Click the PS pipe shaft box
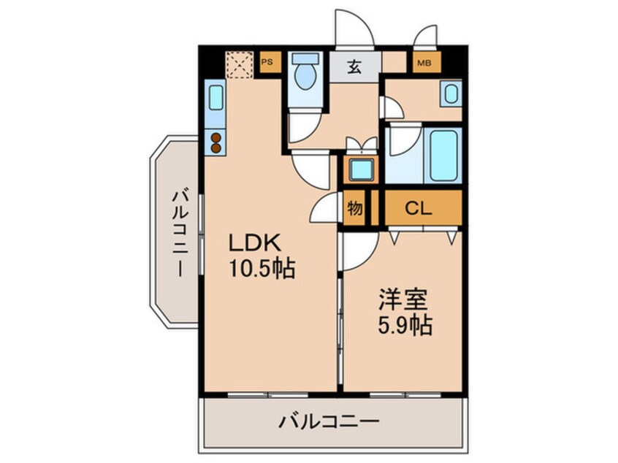pos(270,62)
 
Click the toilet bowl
pos(305,76)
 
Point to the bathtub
pos(444,156)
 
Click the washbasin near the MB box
pos(451,93)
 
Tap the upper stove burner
pos(215,137)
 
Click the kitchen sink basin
pos(215,98)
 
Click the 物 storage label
pos(354,208)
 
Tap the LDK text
pos(255,242)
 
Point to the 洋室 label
pos(403,300)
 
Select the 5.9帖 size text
pos(405,326)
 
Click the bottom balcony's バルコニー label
pos(329,422)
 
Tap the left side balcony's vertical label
pos(180,233)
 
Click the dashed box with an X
pos(240,64)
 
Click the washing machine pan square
pos(361,169)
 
